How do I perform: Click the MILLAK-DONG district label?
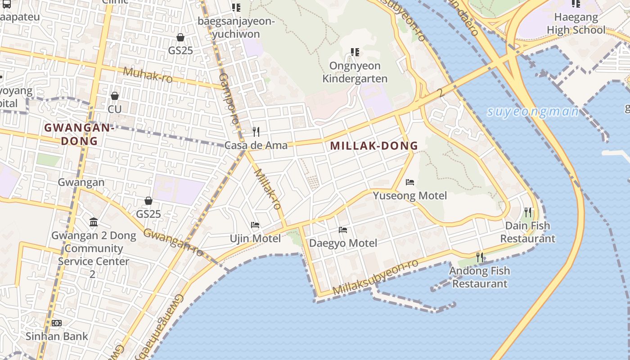pos(374,146)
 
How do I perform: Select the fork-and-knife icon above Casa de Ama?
pos(256,132)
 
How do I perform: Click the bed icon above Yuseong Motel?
pos(410,182)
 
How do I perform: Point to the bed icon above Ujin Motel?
pos(255,225)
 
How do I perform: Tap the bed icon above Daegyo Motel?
pos(343,230)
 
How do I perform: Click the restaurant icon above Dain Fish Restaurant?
pos(528,212)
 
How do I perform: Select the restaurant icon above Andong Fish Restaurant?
pos(480,257)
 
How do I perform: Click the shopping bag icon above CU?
pos(115,96)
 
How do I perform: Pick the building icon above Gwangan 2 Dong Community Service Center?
pos(94,222)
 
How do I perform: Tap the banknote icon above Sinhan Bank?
pos(57,323)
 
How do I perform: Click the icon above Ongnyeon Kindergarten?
pos(355,52)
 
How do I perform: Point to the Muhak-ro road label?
pos(148,75)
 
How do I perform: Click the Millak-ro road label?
pos(268,189)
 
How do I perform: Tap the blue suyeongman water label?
pos(533,112)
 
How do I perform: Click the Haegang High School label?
pos(576,24)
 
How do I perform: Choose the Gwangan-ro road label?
pos(174,243)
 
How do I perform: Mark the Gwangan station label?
pos(81,182)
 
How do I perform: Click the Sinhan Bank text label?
pos(57,336)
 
